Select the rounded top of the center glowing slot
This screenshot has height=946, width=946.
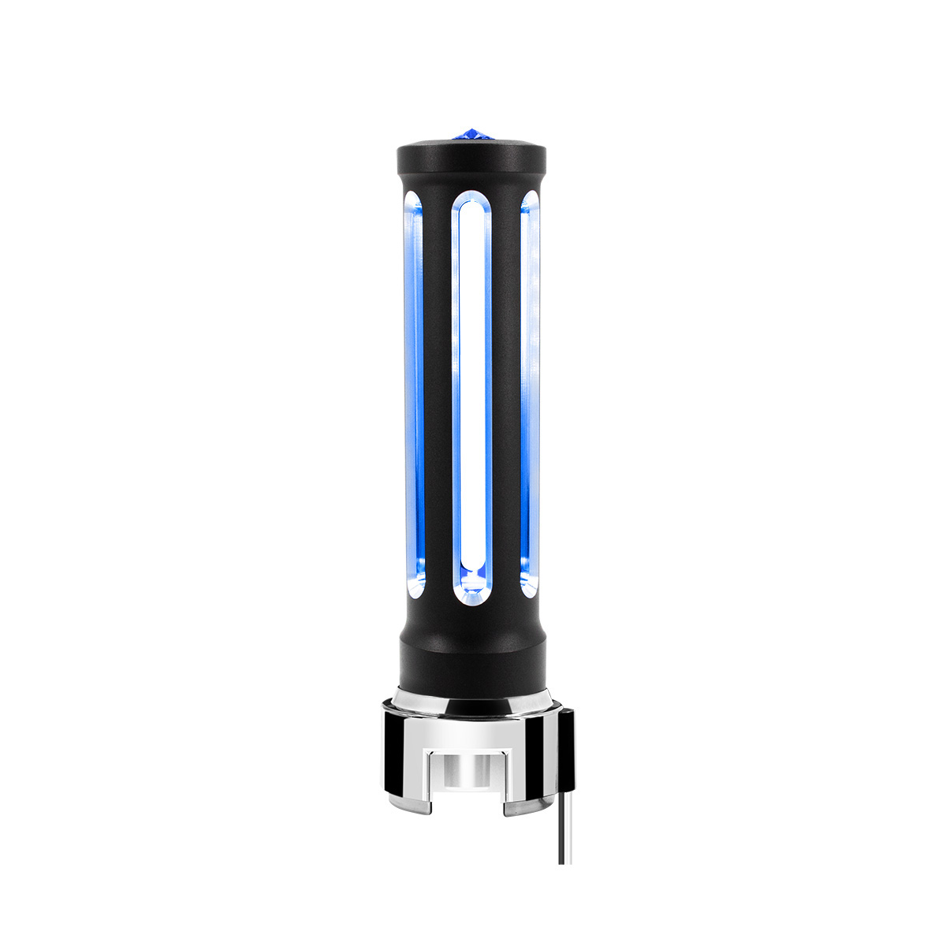click(471, 207)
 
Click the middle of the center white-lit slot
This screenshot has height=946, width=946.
click(471, 394)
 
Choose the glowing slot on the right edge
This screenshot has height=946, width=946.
click(530, 394)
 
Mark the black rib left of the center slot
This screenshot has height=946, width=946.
click(437, 394)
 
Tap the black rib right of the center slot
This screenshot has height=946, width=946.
click(505, 394)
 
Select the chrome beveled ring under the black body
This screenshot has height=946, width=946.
click(471, 698)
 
